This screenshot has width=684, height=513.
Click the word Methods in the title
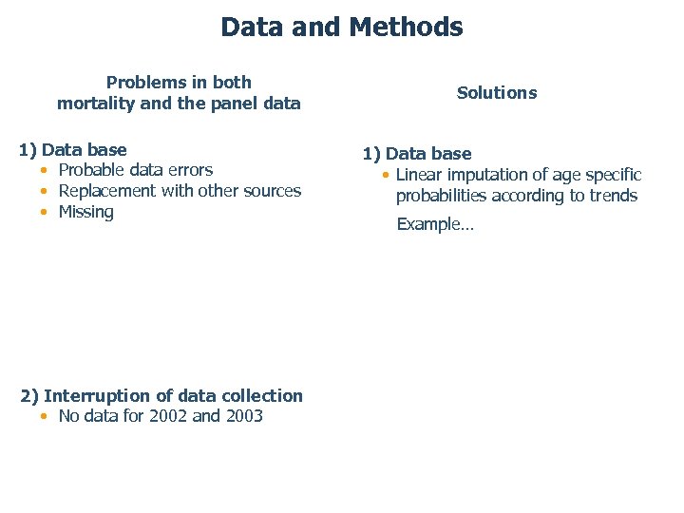click(x=406, y=27)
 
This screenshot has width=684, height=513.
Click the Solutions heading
click(x=497, y=93)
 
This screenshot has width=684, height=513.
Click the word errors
click(x=189, y=170)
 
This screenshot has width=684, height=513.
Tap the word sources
click(x=271, y=191)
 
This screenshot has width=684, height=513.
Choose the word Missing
click(x=86, y=212)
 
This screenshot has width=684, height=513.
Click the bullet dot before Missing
click(x=45, y=213)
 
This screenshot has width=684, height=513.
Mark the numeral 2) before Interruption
click(x=29, y=396)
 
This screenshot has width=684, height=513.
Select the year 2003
click(x=244, y=416)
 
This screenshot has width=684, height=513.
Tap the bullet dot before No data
click(x=45, y=417)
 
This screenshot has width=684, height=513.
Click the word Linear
click(x=418, y=175)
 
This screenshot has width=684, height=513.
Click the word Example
click(x=431, y=225)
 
